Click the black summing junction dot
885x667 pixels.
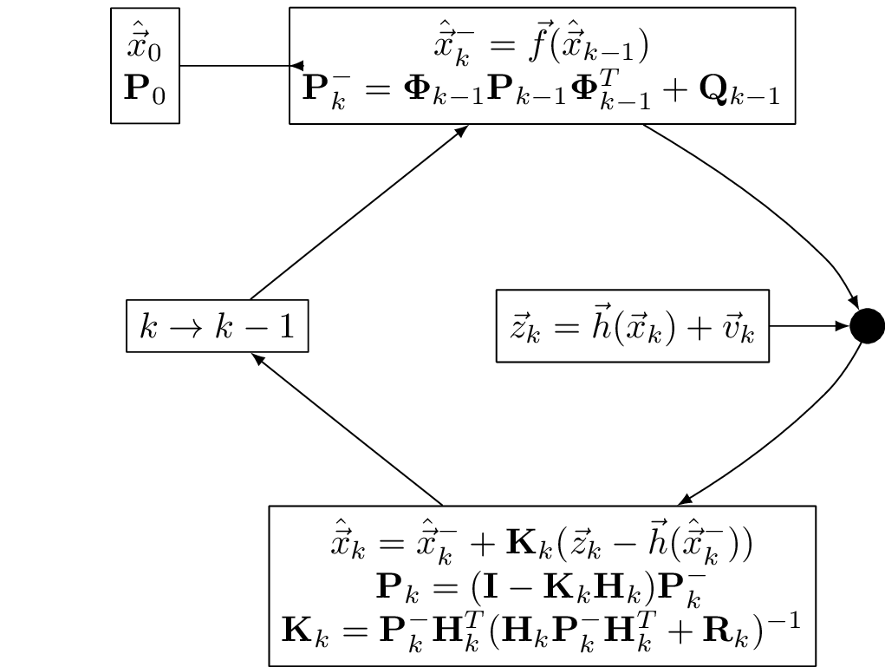pyautogui.click(x=867, y=326)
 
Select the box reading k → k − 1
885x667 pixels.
pyautogui.click(x=218, y=326)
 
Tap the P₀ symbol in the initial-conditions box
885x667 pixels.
pyautogui.click(x=144, y=88)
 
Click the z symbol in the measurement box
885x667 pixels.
pyautogui.click(x=524, y=330)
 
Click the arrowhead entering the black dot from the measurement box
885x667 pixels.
pyautogui.click(x=842, y=326)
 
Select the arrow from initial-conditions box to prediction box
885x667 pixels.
pyautogui.click(x=234, y=66)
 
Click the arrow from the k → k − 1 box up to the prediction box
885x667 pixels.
pyautogui.click(x=359, y=213)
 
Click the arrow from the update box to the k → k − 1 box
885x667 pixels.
pyautogui.click(x=347, y=429)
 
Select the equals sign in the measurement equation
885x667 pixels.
pyautogui.click(x=565, y=330)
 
